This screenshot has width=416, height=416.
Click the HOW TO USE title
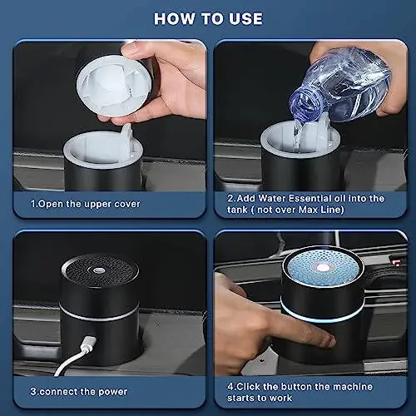[x=208, y=18]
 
